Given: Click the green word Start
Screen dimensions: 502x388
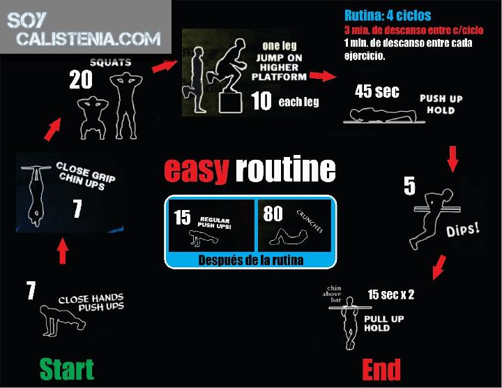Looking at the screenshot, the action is (x=67, y=369).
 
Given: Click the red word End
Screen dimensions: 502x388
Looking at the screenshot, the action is (x=381, y=369).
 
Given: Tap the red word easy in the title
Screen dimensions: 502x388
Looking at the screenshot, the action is (x=197, y=170).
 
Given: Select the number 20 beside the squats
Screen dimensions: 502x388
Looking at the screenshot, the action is (x=81, y=80).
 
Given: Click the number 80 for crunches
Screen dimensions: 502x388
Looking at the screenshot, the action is (x=273, y=214).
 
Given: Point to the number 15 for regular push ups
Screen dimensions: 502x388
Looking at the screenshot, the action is (x=182, y=217).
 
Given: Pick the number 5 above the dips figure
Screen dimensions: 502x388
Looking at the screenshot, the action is (x=409, y=186).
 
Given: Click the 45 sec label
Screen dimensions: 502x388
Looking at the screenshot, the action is (x=376, y=91).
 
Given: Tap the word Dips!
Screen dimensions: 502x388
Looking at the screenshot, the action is (x=463, y=230).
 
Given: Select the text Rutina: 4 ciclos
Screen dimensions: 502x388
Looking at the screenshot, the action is (x=388, y=15).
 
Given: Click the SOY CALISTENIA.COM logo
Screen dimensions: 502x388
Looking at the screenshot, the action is (x=84, y=29).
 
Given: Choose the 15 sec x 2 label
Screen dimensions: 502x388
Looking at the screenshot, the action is (x=390, y=294).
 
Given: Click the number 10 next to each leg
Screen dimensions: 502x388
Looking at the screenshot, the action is (x=261, y=100).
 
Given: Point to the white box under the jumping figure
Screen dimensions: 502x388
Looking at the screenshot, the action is (x=230, y=103).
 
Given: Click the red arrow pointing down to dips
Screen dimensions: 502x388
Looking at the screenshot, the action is (x=452, y=159).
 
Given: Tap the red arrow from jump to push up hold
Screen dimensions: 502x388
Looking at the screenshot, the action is (x=323, y=76).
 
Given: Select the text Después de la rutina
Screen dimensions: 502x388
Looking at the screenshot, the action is (x=251, y=260).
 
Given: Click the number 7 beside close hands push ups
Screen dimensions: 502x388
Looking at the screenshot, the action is (x=31, y=290).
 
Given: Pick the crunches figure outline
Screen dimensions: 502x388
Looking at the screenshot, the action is (x=288, y=237).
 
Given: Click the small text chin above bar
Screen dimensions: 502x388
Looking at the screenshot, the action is (x=332, y=294).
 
